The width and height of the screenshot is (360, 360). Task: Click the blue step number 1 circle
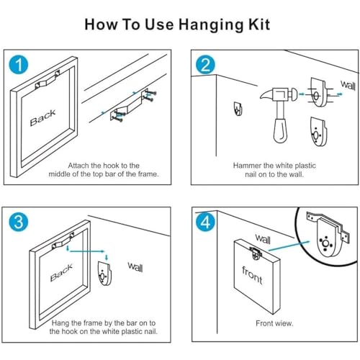[19, 65]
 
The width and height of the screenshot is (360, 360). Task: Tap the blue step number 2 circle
[205, 65]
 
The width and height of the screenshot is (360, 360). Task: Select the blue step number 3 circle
[19, 222]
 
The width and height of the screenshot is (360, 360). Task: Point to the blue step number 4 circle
[205, 222]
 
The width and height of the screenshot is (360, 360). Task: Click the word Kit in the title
[259, 24]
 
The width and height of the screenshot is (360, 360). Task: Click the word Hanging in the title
[211, 25]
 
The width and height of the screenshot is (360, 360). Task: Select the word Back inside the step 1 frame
[42, 117]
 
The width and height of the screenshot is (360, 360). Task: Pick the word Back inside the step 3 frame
[61, 273]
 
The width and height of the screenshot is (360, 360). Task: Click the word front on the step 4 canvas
[252, 275]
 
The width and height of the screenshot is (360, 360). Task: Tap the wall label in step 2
[348, 85]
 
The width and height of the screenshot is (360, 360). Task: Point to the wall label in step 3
[135, 267]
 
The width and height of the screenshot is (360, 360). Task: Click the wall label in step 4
[263, 239]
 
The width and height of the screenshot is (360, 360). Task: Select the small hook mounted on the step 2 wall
[238, 109]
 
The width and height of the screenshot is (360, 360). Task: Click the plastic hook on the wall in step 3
[104, 274]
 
